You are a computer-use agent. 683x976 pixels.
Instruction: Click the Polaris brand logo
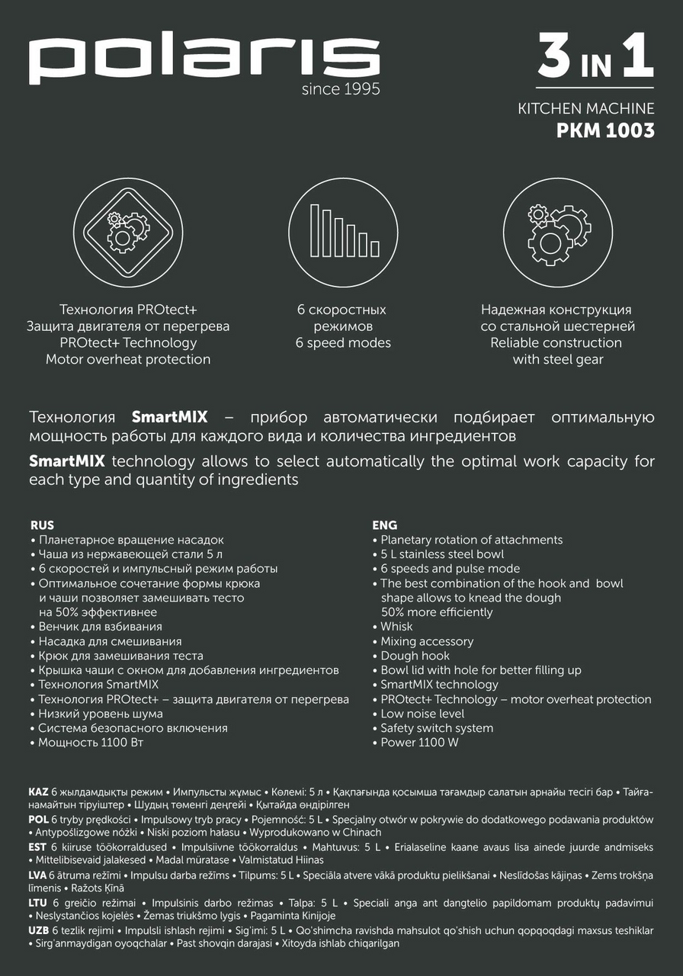click(204, 60)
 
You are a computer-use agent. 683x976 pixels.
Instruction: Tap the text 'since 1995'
click(341, 90)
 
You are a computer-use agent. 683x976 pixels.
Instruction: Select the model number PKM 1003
click(605, 130)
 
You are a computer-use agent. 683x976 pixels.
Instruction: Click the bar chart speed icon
click(342, 233)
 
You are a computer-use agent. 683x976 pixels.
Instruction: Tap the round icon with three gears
click(559, 233)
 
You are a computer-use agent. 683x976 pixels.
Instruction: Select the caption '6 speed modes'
click(342, 343)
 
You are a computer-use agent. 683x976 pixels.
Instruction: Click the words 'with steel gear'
click(557, 359)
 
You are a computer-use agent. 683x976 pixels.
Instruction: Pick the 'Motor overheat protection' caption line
click(128, 359)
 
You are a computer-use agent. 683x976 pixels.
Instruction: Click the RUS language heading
click(43, 525)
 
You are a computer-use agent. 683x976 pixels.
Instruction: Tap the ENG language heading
click(384, 525)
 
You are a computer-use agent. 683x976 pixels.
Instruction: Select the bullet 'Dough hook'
click(415, 656)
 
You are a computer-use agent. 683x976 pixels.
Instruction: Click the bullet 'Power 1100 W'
click(419, 743)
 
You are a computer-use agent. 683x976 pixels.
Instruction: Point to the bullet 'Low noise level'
click(422, 714)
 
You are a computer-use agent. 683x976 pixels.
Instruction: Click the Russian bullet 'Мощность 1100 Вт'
click(91, 743)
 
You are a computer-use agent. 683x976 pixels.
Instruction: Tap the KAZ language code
click(38, 793)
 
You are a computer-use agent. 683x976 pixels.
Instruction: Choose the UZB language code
click(39, 931)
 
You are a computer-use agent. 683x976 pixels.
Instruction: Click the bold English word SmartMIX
click(67, 462)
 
